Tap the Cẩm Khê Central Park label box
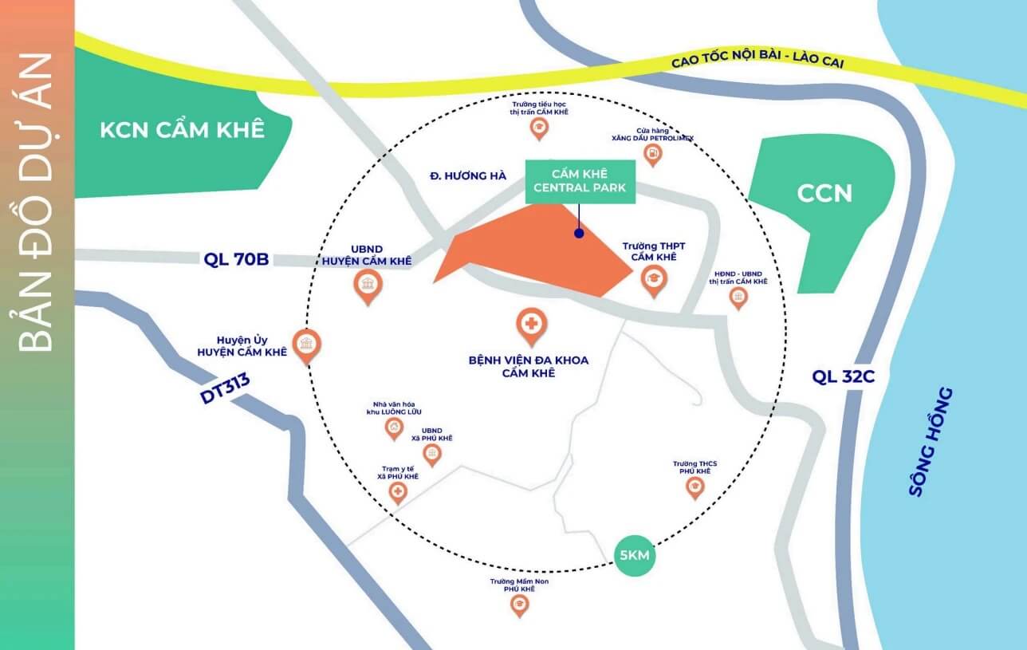pyautogui.click(x=580, y=182)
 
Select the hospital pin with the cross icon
pyautogui.click(x=529, y=324)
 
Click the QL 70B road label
pyautogui.click(x=236, y=259)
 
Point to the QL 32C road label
pyautogui.click(x=844, y=376)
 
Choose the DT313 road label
pyautogui.click(x=225, y=388)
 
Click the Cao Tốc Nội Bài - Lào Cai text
pyautogui.click(x=757, y=62)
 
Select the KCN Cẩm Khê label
pyautogui.click(x=182, y=130)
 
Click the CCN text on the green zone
pyautogui.click(x=824, y=193)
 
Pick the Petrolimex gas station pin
pyautogui.click(x=653, y=153)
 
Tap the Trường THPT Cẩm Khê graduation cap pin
pyautogui.click(x=654, y=279)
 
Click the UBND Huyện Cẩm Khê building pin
pyautogui.click(x=367, y=285)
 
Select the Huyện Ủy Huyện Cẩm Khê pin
pyautogui.click(x=305, y=345)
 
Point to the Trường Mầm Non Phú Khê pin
pyautogui.click(x=520, y=605)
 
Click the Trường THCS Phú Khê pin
pyautogui.click(x=695, y=487)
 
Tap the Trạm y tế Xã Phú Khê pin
pyautogui.click(x=397, y=492)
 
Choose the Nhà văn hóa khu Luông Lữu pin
pyautogui.click(x=394, y=428)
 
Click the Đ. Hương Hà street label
pyautogui.click(x=466, y=175)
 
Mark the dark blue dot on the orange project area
pyautogui.click(x=579, y=234)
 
